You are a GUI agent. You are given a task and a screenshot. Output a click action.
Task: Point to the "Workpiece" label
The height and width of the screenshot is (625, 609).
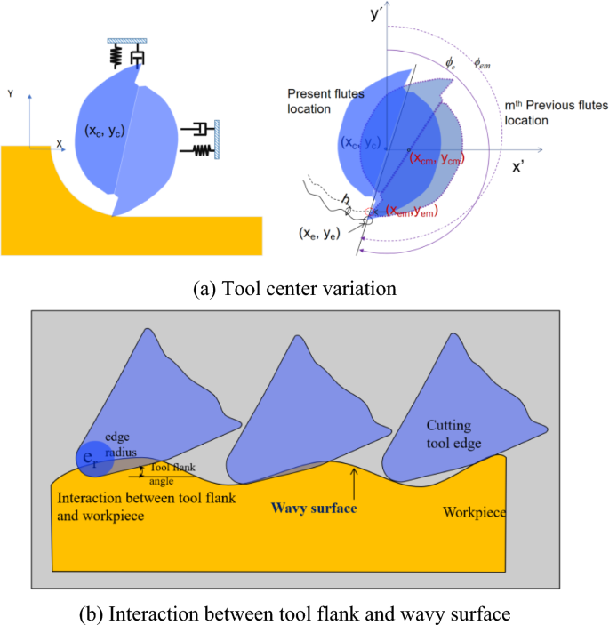[476, 513]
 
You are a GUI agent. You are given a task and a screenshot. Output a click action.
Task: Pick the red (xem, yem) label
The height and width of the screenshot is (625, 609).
[413, 210]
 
